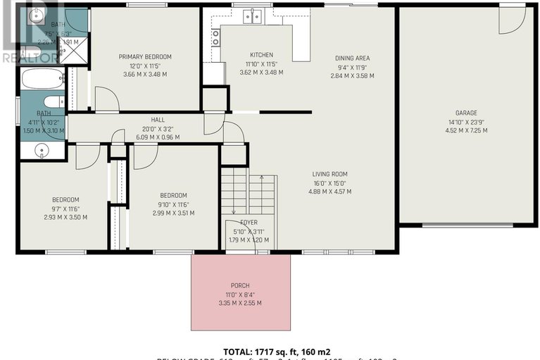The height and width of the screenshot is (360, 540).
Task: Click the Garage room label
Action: point(465,113)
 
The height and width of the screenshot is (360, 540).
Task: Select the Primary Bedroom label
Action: point(145,57)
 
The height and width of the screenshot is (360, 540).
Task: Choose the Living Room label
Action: point(330,174)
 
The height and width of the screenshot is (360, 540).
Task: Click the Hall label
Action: point(157,120)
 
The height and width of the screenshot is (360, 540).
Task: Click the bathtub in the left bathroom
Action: point(42,78)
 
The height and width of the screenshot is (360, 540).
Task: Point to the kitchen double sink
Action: point(252,15)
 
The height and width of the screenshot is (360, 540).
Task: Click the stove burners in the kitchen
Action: point(215,37)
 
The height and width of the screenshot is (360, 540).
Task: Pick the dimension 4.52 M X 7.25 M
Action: point(465,130)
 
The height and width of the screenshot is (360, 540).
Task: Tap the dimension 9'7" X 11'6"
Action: point(64,209)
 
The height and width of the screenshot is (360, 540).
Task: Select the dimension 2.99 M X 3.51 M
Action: point(172,213)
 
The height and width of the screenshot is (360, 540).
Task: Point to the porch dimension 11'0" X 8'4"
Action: point(240,294)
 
